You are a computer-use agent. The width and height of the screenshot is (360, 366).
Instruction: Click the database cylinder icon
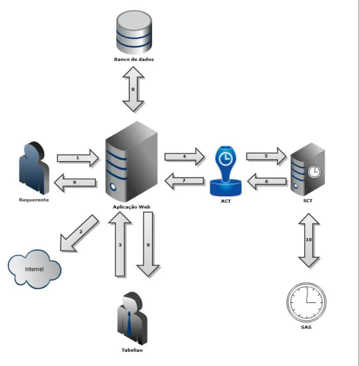pyautogui.click(x=134, y=32)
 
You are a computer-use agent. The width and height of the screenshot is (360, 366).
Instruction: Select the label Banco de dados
pyautogui.click(x=134, y=59)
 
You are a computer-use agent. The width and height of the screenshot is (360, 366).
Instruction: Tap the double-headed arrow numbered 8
pyautogui.click(x=133, y=89)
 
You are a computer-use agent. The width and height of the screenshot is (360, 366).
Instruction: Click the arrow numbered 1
pyautogui.click(x=78, y=158)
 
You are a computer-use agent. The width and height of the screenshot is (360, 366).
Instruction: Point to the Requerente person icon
pyautogui.click(x=34, y=168)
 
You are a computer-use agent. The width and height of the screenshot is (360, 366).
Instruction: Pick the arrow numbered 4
pyautogui.click(x=185, y=157)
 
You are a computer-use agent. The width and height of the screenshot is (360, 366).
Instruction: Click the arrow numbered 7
pyautogui.click(x=184, y=181)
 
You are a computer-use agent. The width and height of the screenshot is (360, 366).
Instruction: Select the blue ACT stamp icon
pyautogui.click(x=226, y=171)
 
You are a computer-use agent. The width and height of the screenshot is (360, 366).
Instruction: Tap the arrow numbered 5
pyautogui.click(x=266, y=156)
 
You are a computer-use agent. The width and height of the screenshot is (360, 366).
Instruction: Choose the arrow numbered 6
pyautogui.click(x=266, y=181)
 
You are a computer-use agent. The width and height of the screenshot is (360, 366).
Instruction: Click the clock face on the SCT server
pyautogui.click(x=315, y=172)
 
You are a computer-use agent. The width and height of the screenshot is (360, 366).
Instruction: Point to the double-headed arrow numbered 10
pyautogui.click(x=309, y=240)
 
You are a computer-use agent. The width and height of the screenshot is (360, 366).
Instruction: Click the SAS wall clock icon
pyautogui.click(x=306, y=302)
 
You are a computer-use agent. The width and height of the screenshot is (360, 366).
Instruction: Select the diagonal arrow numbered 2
pyautogui.click(x=79, y=233)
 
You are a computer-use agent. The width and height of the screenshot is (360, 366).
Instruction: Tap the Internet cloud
pyautogui.click(x=34, y=269)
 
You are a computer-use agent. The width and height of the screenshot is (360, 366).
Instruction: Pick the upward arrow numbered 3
pyautogui.click(x=120, y=244)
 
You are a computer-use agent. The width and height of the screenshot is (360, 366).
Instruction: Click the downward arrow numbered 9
pyautogui.click(x=148, y=244)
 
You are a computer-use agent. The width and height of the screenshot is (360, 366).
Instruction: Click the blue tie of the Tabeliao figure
pyautogui.click(x=129, y=324)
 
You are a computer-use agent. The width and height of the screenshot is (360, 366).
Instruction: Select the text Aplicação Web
pyautogui.click(x=131, y=207)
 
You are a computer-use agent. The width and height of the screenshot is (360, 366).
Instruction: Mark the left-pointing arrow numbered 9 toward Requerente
pyautogui.click(x=75, y=182)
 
